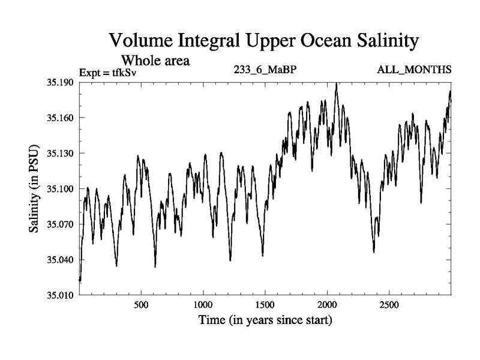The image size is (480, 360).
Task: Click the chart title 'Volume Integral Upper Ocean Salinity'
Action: point(263,41)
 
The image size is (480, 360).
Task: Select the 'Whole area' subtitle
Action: point(155,61)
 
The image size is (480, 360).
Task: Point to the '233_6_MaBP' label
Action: point(265,70)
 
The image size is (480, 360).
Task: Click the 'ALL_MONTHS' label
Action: point(414,70)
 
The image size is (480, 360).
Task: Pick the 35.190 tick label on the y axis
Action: point(60,82)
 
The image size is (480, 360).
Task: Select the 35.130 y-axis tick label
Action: point(60,153)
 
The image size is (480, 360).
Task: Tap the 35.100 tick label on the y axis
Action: point(60,189)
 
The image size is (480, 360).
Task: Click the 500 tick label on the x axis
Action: point(141,305)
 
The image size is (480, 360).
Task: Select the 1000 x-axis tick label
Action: point(203,305)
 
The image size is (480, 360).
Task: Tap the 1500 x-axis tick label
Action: point(265,305)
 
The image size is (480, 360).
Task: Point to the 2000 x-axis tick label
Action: point(327,305)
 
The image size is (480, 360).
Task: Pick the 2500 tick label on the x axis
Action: point(389,305)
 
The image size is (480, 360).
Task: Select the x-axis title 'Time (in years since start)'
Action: point(265,320)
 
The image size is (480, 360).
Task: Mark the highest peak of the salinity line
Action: point(337,84)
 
